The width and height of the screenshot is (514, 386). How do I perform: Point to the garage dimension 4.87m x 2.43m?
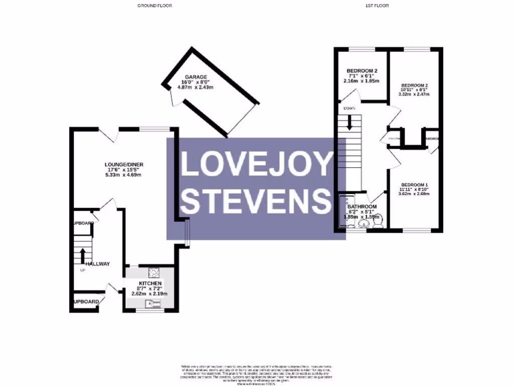coord(196,87)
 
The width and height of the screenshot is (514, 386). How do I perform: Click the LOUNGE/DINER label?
coord(123,164)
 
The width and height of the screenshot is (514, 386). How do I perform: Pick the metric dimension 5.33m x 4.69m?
coord(123,175)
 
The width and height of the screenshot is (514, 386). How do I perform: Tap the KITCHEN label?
coord(150,284)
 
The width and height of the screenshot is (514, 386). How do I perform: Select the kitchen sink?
coord(152,303)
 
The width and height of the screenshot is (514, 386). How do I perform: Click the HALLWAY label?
coord(97,264)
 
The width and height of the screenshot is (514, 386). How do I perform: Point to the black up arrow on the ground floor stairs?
coord(81,255)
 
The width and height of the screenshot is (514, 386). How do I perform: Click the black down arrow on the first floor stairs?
coord(350,122)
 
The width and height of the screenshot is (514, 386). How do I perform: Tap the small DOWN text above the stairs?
coord(349,109)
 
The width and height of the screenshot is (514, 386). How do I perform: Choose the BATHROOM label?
coord(362,207)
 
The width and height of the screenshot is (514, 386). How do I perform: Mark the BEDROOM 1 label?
coord(415,183)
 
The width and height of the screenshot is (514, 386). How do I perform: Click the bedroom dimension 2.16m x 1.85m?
coord(361,81)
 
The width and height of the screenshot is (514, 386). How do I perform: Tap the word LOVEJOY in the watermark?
coord(256,164)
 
